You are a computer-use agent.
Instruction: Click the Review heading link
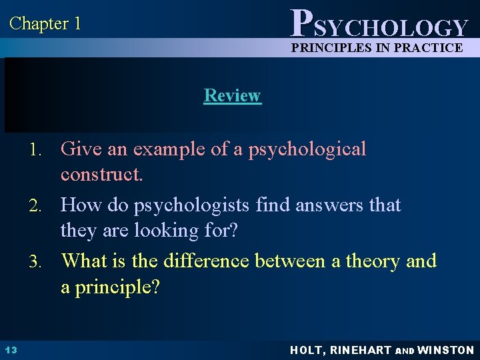tap(232, 95)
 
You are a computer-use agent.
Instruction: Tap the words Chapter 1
tap(45, 24)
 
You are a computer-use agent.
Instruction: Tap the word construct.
tap(101, 176)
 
